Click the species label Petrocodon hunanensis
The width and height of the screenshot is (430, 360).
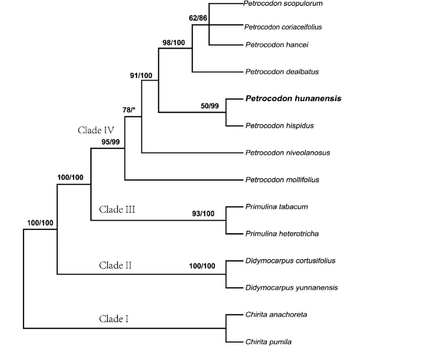pos(293,98)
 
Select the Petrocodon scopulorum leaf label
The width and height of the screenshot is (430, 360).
pos(283,4)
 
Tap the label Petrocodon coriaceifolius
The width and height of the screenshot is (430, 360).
pos(283,27)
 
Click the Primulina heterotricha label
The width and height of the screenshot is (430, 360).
pos(282,233)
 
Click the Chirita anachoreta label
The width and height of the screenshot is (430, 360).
pos(276,314)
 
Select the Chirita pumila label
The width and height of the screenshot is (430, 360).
pos(268,342)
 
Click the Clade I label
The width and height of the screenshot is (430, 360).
pos(113,319)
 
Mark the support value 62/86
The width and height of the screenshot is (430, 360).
pos(198,18)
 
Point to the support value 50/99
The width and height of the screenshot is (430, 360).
pos(211,106)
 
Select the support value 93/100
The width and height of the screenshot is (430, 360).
pos(203,214)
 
